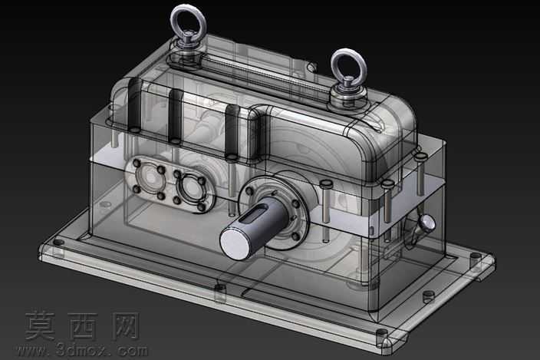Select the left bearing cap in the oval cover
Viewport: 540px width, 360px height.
(x=149, y=177)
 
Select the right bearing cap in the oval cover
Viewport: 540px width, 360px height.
(x=189, y=189)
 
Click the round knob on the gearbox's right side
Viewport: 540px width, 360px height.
(x=428, y=223)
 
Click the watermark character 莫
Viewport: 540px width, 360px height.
(x=41, y=325)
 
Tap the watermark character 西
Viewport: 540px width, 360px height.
(x=81, y=325)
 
